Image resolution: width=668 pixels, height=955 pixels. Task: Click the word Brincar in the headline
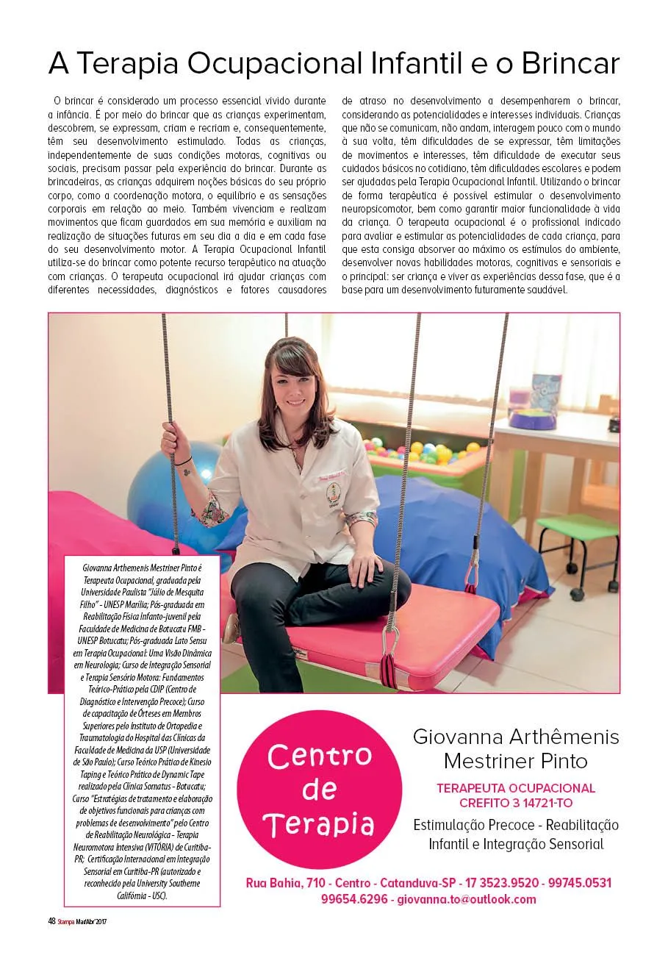570,64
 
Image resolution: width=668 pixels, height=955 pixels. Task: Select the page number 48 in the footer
42,920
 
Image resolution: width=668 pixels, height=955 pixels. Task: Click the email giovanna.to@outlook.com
466,899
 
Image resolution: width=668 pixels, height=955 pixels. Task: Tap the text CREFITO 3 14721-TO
516,802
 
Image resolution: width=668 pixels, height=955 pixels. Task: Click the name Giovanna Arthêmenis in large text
516,737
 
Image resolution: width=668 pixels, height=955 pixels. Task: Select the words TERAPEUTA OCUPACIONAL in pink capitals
516,787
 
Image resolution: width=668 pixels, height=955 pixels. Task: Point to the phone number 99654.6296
353,899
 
